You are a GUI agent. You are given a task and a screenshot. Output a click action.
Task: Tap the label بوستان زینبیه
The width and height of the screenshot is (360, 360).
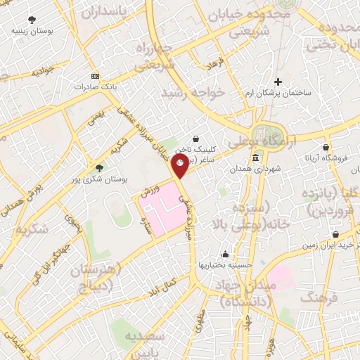pos(33,31)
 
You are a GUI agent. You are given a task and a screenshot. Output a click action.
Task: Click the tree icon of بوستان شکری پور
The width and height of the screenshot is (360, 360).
pos(98,168)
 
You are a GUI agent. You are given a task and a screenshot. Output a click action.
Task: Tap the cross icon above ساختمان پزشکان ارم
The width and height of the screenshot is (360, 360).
pos(278,82)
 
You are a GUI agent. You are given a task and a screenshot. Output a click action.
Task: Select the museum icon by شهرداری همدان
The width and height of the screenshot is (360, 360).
pos(264,158)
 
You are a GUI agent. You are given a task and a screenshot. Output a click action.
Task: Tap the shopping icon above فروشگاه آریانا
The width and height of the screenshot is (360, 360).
pos(326,147)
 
